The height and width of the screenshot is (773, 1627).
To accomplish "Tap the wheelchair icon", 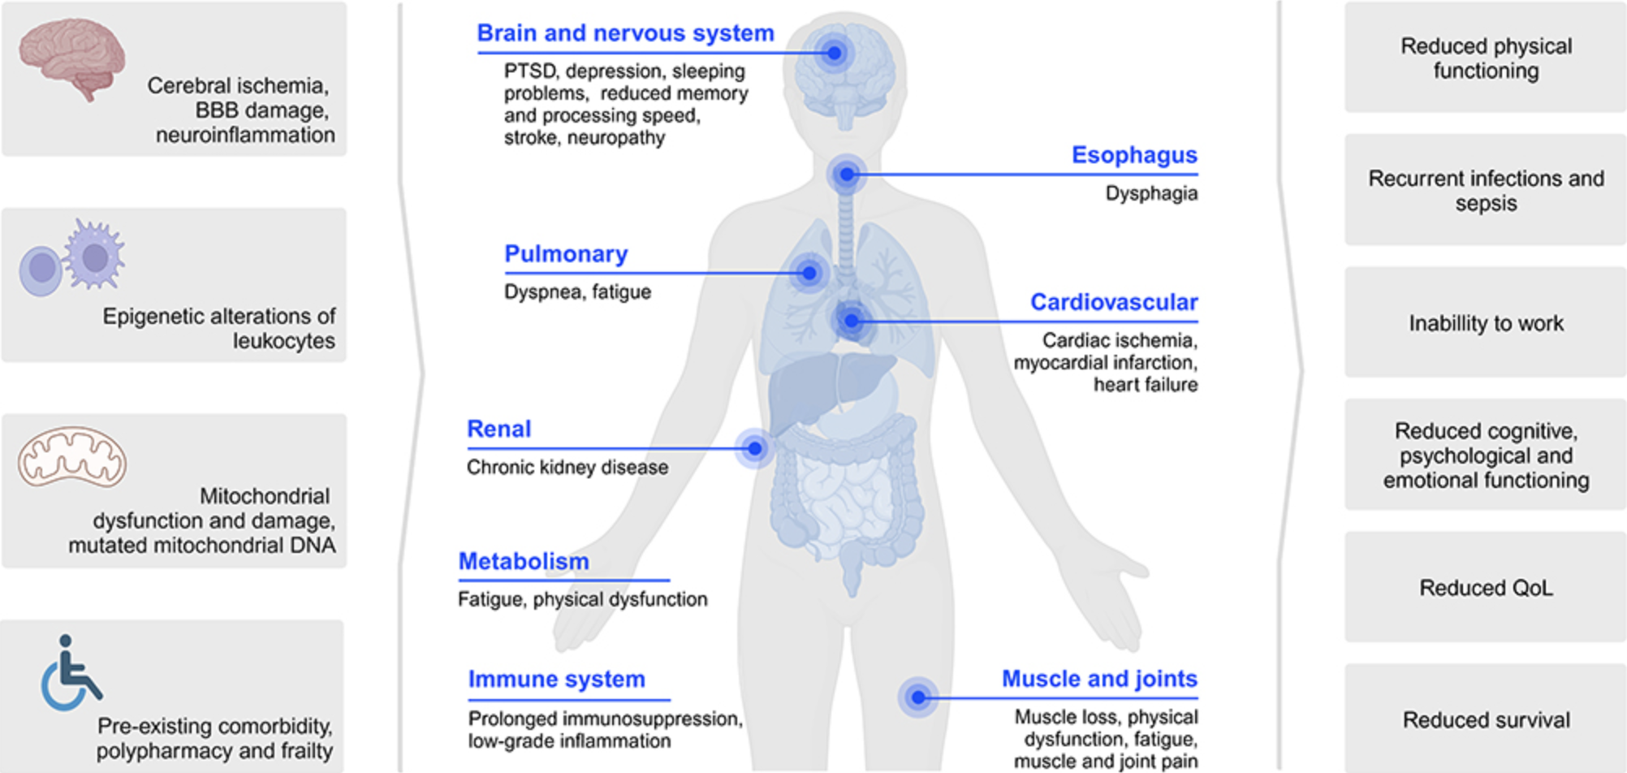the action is coord(71,673).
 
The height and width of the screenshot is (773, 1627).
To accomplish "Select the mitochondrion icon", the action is coord(72,457).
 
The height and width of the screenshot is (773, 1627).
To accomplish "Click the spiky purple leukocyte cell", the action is coord(95,254).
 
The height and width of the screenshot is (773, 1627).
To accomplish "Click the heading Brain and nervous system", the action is coord(625,33).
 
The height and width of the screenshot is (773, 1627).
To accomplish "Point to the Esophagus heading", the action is coord(1134,155).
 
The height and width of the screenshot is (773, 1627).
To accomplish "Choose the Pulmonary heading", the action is coord(566,254).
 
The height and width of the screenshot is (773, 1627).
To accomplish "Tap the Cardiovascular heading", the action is coord(1114,302).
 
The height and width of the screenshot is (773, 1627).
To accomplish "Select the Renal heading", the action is coord(498,429).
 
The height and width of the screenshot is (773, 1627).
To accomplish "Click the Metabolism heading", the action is coord(524,561).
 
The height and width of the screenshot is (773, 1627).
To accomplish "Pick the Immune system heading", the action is coord(556,679).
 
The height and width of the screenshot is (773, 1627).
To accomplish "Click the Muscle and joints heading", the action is coord(1099,679).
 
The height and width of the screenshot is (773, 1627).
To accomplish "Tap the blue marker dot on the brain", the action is coord(834,53).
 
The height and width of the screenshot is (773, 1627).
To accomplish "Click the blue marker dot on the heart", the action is coord(851,321).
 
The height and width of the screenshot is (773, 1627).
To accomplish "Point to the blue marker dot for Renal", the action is coord(755,448).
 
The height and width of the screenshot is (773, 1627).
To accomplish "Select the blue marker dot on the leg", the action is coord(918,697).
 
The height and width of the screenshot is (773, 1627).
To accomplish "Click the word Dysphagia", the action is coord(1151,194).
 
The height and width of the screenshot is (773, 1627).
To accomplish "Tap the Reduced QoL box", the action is coord(1486,587).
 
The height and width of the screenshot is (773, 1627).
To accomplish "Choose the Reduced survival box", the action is coord(1486,719).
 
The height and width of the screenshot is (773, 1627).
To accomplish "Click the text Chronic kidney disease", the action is coord(568,468).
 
